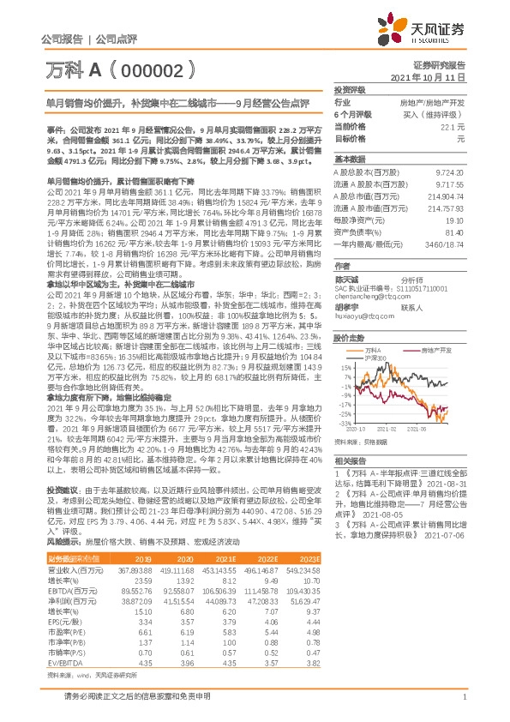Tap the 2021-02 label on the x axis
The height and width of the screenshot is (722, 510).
pos(388,430)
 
